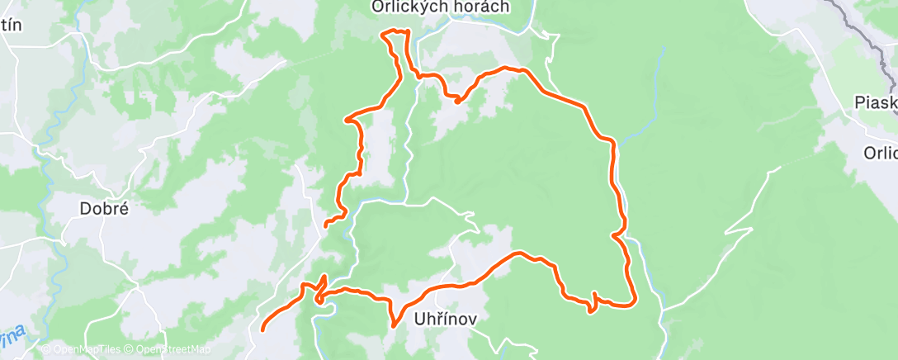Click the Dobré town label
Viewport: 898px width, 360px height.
104,209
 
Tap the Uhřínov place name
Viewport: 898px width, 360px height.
445,318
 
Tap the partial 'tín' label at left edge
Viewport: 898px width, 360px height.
11,24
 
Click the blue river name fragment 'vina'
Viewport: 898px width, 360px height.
14,337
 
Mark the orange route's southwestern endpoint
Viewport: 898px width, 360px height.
263,329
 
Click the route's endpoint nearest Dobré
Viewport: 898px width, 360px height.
326,224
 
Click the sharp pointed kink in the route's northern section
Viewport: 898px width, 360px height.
456,102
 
